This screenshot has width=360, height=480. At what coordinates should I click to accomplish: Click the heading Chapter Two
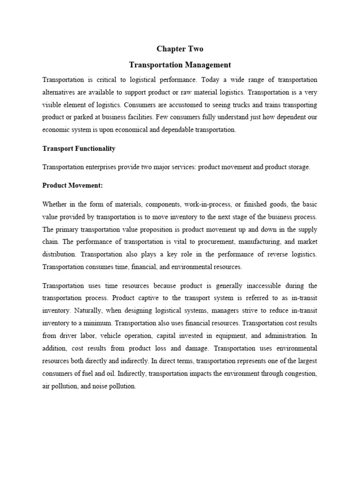180,49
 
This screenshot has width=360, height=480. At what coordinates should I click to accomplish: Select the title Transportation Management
180,65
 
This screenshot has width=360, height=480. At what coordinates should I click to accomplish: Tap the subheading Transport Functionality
79,149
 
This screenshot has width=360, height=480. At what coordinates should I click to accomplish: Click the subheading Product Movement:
72,185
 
